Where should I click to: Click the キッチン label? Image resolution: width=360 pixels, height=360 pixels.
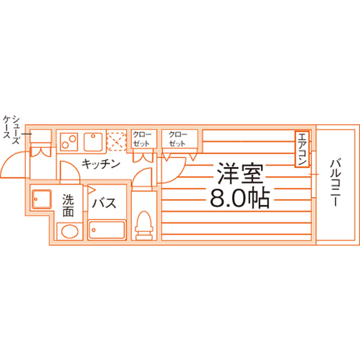[x=101, y=164]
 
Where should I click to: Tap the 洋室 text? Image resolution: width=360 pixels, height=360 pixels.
[x=240, y=173]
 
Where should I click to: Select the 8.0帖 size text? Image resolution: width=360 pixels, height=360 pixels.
[x=239, y=198]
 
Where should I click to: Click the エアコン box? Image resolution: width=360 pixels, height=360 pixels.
[x=301, y=148]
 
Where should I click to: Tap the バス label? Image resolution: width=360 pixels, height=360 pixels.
[x=104, y=203]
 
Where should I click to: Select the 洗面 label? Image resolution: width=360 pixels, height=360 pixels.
[x=68, y=206]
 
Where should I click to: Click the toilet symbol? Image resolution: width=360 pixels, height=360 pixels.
[x=144, y=226]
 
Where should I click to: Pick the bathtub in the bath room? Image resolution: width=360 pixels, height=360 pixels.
[x=107, y=230]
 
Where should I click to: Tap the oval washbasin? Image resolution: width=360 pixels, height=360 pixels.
[x=70, y=231]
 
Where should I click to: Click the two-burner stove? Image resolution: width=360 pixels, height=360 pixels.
[x=69, y=142]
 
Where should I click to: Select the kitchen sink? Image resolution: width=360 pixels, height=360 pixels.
[x=93, y=142]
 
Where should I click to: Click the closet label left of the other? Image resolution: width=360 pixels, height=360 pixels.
[x=142, y=139]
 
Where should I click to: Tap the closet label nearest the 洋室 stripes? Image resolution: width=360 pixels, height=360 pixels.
[x=177, y=139]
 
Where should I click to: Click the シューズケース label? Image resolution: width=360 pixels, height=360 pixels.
[x=12, y=130]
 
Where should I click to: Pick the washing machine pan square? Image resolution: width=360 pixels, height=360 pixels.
[x=42, y=199]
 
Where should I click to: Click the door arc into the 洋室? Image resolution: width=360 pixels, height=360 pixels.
[x=179, y=175]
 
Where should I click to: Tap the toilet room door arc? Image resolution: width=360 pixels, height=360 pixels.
[x=139, y=173]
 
